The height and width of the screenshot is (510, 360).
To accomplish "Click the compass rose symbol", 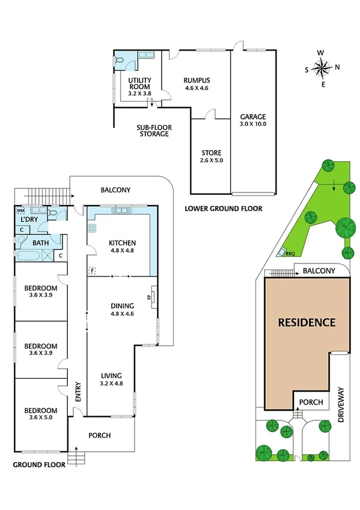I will pos(323,67).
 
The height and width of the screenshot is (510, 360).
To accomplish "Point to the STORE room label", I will pos(211,156).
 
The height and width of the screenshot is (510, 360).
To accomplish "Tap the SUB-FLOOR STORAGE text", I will pos(152,130).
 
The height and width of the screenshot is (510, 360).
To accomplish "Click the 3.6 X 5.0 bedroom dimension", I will pos(41,417).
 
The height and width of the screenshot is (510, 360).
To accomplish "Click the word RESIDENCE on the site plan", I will pos(307,322).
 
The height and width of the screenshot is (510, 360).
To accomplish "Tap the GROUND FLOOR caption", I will pos(37,465).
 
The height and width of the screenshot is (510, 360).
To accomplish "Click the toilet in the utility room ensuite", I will pos(120,60).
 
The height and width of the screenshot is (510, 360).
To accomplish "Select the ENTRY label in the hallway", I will pos(78,393).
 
